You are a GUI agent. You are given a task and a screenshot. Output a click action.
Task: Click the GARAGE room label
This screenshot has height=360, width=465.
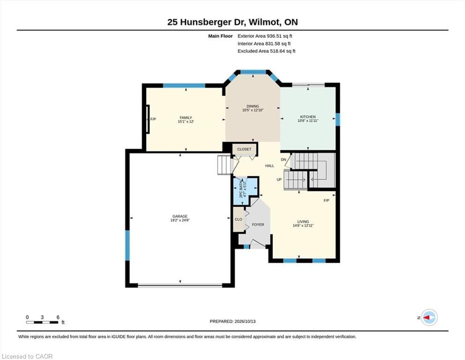tap(180, 217)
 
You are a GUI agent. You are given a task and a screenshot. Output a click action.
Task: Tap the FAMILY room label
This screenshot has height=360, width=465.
tap(185, 118)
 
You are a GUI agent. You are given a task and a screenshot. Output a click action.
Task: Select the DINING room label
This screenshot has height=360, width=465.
tap(253, 106)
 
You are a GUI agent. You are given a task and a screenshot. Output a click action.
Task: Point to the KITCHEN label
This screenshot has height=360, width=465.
tap(308, 117)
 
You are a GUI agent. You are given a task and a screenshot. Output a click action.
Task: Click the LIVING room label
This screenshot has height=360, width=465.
tap(303, 222)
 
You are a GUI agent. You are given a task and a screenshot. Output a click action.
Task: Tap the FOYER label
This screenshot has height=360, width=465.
tap(258, 225)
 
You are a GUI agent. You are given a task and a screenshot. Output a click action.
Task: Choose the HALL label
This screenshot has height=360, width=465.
tap(270, 166)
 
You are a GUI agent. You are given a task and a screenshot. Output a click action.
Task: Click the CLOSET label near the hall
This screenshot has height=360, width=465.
tap(244, 149)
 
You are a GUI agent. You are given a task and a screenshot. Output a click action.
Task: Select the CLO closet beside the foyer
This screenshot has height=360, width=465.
tap(238, 219)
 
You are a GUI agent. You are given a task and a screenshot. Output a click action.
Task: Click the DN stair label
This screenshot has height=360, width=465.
tap(283, 160)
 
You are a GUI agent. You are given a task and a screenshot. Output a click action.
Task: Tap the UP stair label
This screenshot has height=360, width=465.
tap(279, 180)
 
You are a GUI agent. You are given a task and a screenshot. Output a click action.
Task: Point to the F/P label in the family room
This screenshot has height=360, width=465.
tap(153, 120)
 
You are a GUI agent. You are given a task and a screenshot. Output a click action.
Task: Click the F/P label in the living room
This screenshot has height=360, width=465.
tap(326, 201)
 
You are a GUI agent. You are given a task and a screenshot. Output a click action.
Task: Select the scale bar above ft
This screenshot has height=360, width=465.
tap(42, 322)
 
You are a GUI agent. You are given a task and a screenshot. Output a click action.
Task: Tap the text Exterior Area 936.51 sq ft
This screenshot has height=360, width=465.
tap(265, 36)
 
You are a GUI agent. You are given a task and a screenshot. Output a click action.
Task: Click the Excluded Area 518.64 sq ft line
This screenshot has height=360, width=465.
tap(266, 51)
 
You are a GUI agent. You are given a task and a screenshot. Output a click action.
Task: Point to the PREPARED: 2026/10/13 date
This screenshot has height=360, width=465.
tap(232, 322)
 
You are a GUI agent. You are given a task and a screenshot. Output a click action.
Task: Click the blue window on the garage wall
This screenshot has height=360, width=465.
tap(127, 246)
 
